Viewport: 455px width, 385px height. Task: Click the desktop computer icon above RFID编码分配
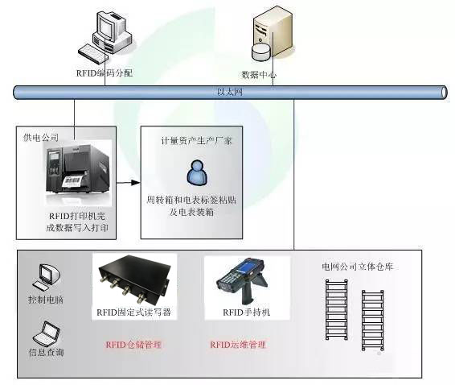click(108, 37)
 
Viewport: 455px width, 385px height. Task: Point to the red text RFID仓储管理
click(133, 345)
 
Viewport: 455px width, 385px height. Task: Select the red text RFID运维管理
click(238, 345)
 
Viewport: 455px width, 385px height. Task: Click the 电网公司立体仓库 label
click(356, 267)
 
